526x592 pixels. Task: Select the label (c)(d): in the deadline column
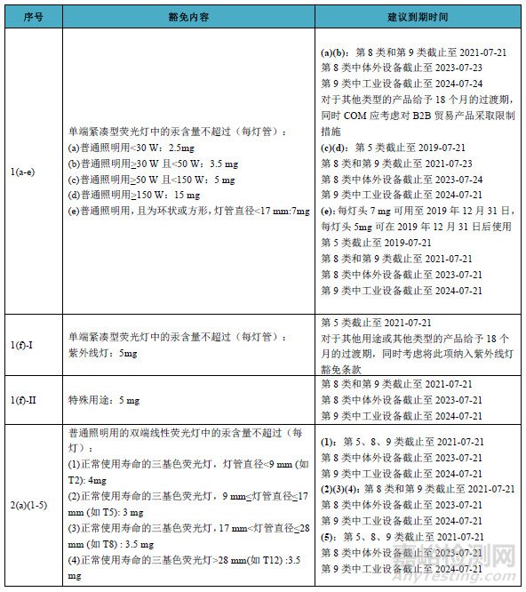click(336, 147)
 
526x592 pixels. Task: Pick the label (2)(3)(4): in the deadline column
click(341, 490)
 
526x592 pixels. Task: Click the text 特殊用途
click(89, 400)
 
